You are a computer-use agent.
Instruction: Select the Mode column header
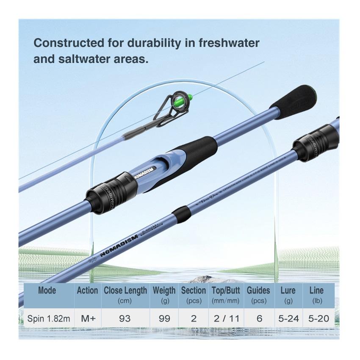47,291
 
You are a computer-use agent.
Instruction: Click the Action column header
87,291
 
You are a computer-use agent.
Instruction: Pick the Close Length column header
125,291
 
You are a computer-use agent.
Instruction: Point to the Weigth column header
164,291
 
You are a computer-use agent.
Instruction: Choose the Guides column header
258,291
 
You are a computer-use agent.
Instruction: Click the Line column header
316,291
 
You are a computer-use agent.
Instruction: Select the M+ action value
88,318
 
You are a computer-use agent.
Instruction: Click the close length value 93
125,318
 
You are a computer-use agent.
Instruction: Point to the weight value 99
164,318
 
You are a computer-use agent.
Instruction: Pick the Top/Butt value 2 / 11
226,318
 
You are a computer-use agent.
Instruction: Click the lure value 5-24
288,318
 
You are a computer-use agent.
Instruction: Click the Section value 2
194,318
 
